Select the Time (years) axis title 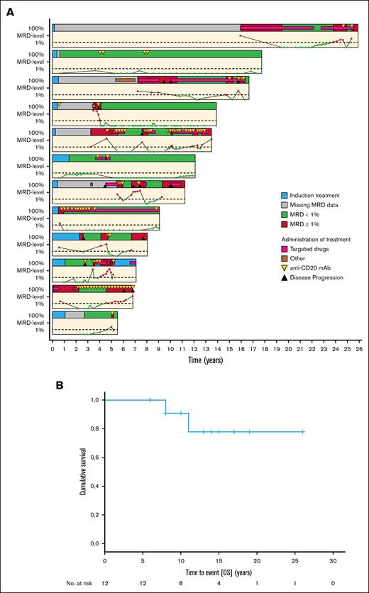coord(206,361)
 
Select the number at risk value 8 coord(180,585)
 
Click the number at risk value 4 coord(219,585)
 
